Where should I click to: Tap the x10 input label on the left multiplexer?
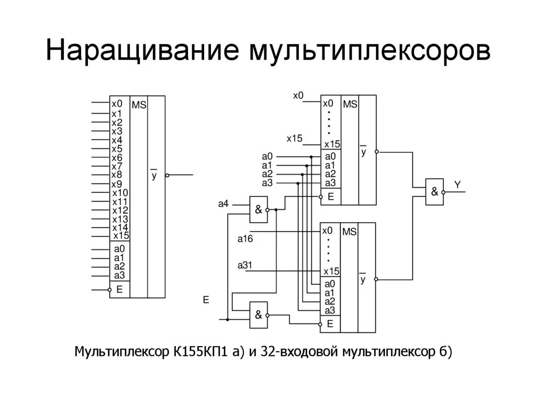pos(120,193)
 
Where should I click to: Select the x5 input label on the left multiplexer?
pos(117,149)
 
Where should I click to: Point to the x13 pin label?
pos(120,219)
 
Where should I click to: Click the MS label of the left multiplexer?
pos(139,105)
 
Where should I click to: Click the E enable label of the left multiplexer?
pos(119,289)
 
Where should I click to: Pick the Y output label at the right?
pos(457,185)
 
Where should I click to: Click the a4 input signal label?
pos(224,203)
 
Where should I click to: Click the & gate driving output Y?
pos(434,191)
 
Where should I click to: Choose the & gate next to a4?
pos(259,210)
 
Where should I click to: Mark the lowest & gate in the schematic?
pos(259,315)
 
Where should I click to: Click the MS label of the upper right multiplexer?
pos(350,105)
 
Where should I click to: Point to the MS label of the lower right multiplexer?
pos(350,232)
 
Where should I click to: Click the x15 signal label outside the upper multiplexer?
pos(294,139)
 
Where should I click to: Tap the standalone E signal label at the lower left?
pos(206,300)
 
